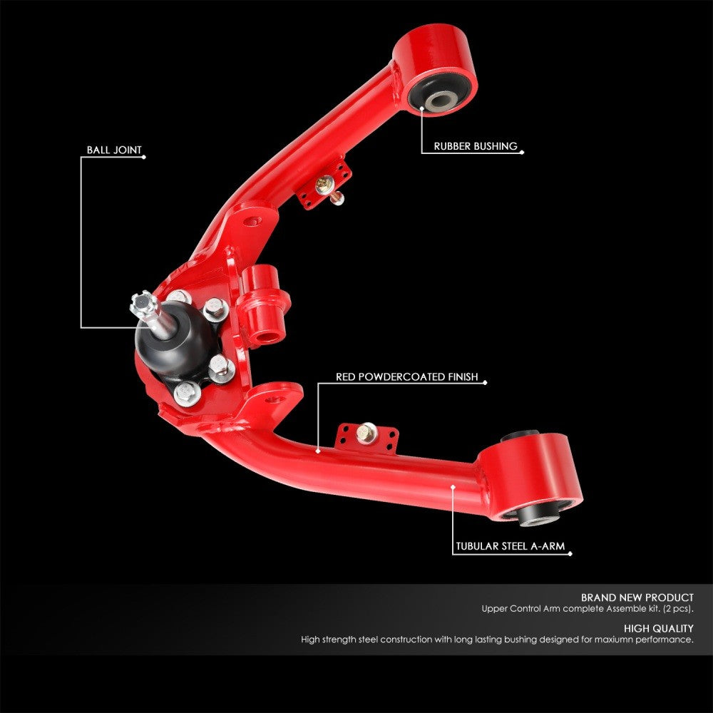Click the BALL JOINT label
(x=114, y=150)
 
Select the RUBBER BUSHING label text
(x=476, y=146)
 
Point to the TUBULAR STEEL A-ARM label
(x=510, y=548)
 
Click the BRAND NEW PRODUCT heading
(x=637, y=597)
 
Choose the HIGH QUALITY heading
(x=658, y=628)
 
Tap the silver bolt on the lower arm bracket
(x=366, y=432)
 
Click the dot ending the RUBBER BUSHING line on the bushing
(x=421, y=108)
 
